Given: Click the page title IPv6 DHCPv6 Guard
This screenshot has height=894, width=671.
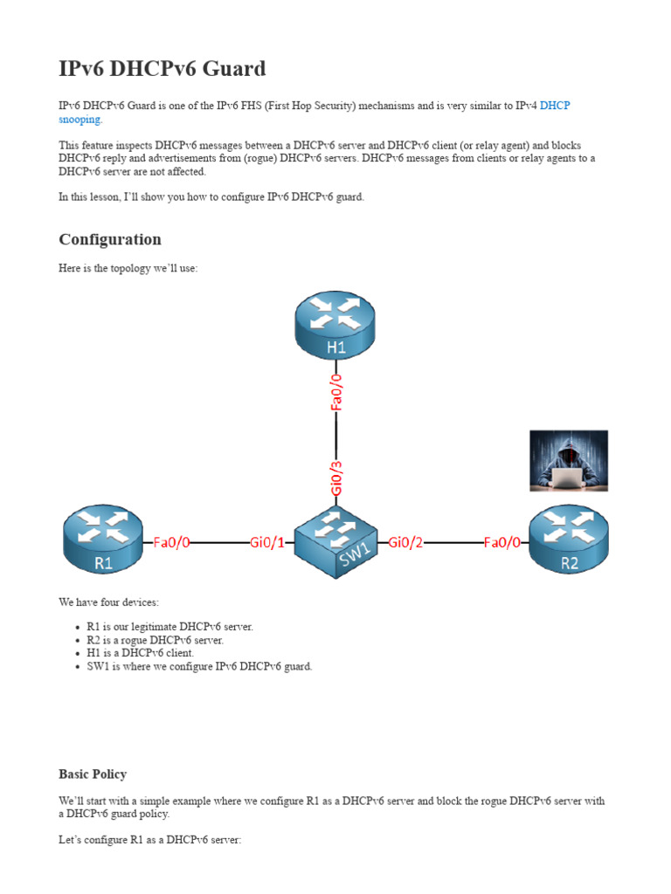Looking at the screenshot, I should pyautogui.click(x=163, y=69).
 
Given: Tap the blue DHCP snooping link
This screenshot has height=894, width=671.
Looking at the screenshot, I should pyautogui.click(x=554, y=107).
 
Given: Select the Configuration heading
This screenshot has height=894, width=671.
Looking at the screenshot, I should pyautogui.click(x=110, y=239).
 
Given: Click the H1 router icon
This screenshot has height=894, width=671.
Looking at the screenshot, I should pyautogui.click(x=336, y=326).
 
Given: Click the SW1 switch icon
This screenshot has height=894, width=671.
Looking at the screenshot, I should pyautogui.click(x=336, y=541).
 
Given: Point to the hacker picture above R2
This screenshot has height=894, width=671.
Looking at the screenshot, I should pyautogui.click(x=569, y=460).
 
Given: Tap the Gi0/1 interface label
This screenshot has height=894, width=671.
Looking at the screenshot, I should pyautogui.click(x=267, y=542).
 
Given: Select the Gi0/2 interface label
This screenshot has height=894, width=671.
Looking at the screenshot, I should pyautogui.click(x=405, y=542).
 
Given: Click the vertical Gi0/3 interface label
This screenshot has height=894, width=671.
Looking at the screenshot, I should pyautogui.click(x=337, y=478).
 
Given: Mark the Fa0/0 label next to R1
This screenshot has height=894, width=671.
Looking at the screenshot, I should pyautogui.click(x=171, y=542).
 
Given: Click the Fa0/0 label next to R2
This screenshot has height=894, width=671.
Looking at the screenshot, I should pyautogui.click(x=502, y=542).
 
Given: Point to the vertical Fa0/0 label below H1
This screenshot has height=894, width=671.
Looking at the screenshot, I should pyautogui.click(x=337, y=391).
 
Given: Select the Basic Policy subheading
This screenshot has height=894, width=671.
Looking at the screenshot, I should pyautogui.click(x=93, y=774).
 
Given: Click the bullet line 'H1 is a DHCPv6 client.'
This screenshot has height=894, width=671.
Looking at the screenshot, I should pyautogui.click(x=141, y=653).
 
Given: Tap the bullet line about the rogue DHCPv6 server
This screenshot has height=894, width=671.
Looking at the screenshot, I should pyautogui.click(x=156, y=640).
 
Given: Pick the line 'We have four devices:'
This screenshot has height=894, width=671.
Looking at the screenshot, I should pyautogui.click(x=109, y=602).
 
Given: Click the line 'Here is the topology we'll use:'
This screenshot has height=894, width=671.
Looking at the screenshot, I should pyautogui.click(x=128, y=269).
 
